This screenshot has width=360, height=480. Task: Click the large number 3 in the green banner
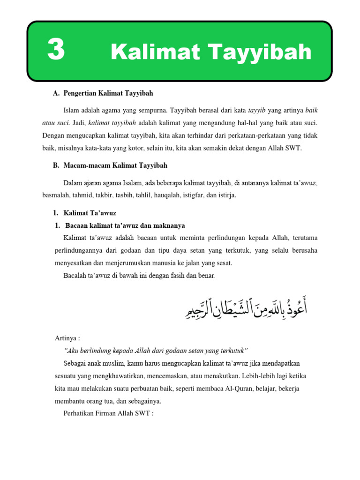56,51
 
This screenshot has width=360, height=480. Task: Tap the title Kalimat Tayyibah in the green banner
211,52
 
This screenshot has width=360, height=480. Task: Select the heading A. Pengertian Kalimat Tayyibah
103,93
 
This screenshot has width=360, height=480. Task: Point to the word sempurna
154,111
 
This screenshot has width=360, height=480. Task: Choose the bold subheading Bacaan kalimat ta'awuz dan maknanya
125,225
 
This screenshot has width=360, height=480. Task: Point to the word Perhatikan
80,413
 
